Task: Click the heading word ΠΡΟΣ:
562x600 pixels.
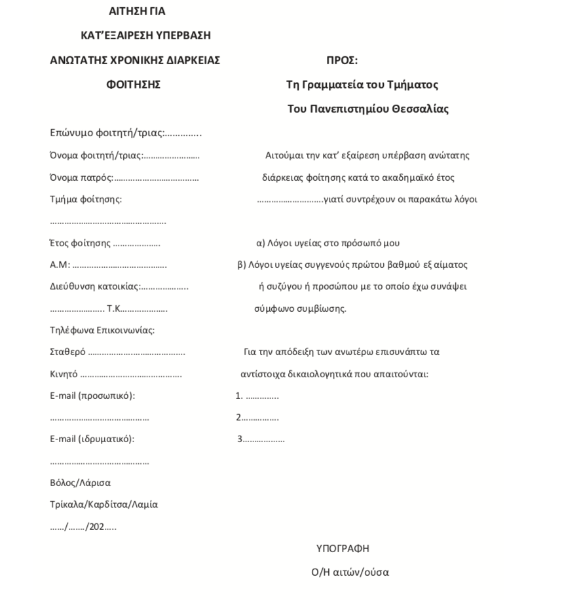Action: (x=342, y=61)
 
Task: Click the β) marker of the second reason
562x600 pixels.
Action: (x=240, y=265)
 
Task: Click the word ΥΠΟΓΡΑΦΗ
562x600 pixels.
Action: (x=347, y=549)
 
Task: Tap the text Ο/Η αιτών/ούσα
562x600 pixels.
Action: (x=350, y=572)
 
